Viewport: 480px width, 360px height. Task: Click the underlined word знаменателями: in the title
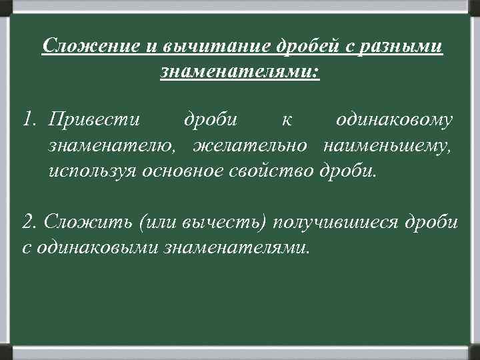click(x=240, y=70)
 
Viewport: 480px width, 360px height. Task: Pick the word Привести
click(x=94, y=120)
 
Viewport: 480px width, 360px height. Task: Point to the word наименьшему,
click(x=388, y=145)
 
